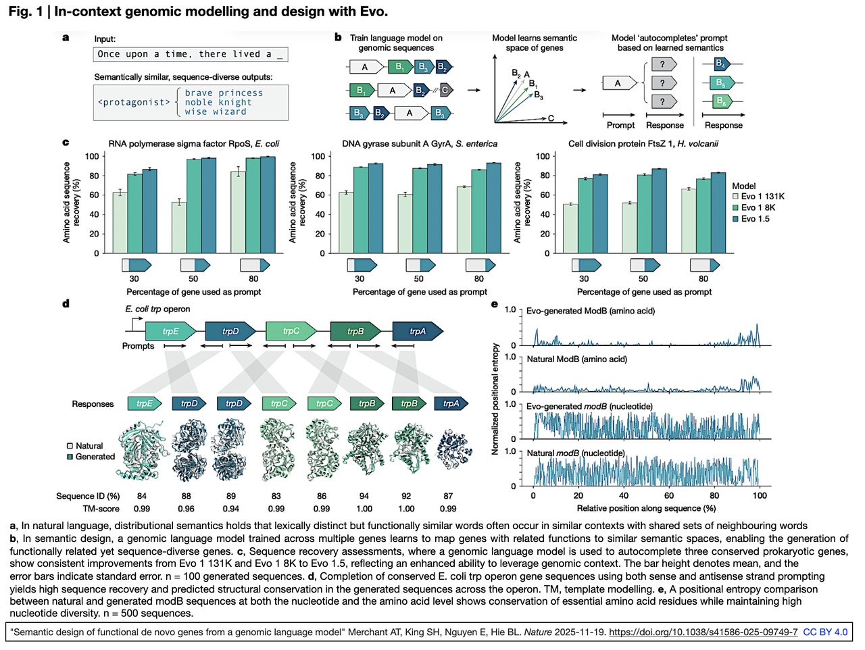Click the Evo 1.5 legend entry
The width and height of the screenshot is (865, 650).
755,219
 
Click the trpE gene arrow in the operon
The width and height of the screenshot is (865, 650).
171,331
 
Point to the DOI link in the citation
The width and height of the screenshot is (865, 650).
703,632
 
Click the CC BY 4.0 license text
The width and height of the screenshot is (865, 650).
825,632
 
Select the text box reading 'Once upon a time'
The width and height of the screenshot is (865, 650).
191,54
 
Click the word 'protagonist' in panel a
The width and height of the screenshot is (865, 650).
134,102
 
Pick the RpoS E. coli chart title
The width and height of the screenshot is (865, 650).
193,144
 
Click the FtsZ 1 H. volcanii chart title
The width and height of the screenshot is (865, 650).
643,144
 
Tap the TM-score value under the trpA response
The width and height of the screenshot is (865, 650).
448,509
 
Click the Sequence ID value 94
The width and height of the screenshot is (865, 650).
364,496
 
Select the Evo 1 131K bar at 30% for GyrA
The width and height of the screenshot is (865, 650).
346,223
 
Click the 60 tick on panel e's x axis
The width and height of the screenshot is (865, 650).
669,495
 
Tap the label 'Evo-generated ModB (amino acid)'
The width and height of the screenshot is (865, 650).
590,311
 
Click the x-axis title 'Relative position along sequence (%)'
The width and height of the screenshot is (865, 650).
645,508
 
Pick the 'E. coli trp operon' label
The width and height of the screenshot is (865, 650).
157,309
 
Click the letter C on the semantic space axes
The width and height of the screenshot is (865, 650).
551,118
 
